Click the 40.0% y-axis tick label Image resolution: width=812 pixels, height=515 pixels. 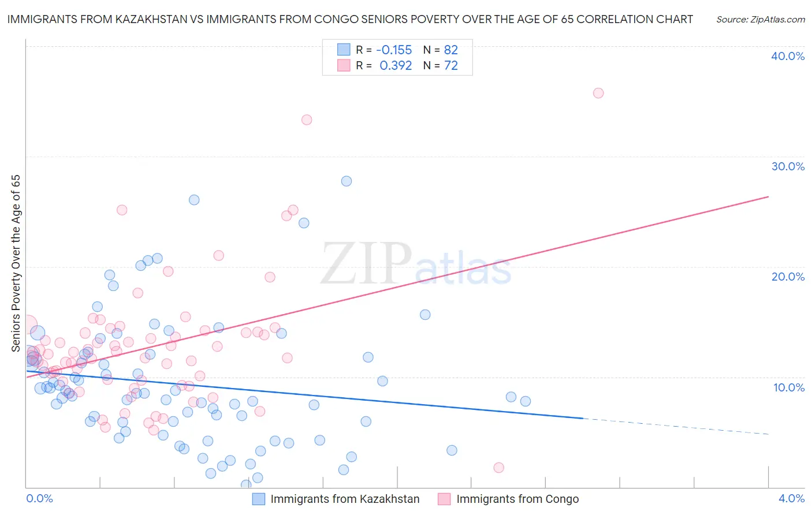point(788,56)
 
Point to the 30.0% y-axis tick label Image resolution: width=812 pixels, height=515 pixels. point(788,166)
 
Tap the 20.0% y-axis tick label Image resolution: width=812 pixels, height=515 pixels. point(788,277)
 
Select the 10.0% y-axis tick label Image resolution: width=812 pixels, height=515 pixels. point(789,387)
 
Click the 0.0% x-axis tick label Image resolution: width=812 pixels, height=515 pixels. point(39,498)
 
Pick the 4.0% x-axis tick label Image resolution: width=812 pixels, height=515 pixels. point(791,498)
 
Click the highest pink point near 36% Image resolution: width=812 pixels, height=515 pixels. point(598,93)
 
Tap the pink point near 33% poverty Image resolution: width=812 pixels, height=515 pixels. point(307,120)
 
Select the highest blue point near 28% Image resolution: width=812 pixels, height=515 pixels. point(347,181)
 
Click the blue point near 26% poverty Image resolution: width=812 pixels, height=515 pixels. point(194,200)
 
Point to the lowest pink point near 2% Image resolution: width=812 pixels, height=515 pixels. point(499,468)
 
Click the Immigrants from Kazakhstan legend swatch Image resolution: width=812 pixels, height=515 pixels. point(259,499)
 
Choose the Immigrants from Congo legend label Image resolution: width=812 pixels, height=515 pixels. point(517,499)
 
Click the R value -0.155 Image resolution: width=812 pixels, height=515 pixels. point(394,50)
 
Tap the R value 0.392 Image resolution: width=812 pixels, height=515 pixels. point(396,65)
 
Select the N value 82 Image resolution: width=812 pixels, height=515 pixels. point(451,50)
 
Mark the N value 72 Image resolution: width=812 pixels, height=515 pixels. point(451,65)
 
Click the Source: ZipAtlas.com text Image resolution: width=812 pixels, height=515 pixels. point(761,19)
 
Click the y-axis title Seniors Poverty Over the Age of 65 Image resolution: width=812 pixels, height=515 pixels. point(16,263)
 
